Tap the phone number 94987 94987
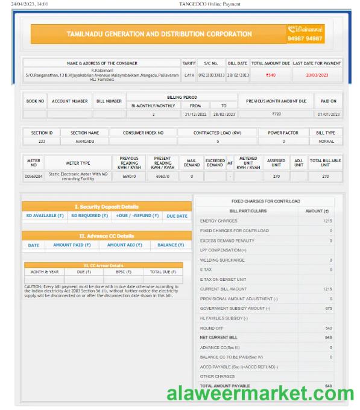[306, 38]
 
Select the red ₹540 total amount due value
[271, 75]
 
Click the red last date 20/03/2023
[317, 75]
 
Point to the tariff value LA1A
[189, 75]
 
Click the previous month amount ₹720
[276, 114]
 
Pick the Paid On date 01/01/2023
[329, 114]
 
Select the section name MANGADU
[84, 141]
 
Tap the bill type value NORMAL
[326, 141]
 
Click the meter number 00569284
[33, 176]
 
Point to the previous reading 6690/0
[129, 176]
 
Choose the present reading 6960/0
[163, 176]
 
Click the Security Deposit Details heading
[106, 206]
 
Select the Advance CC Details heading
[106, 236]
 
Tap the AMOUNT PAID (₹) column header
[72, 245]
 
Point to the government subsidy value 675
[328, 308]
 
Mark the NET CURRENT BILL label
[219, 337]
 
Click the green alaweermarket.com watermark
[260, 394]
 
